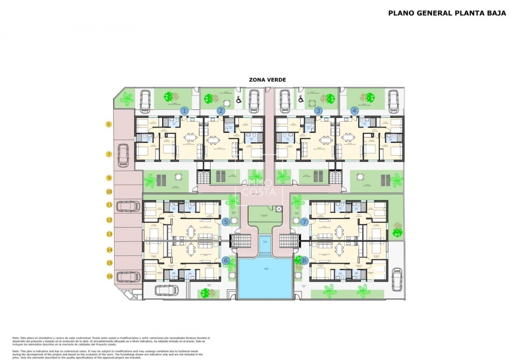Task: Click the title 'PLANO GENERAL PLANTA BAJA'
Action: pos(447,13)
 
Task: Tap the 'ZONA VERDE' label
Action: pos(267,80)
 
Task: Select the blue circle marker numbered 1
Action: pos(184,110)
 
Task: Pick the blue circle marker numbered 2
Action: pos(221,110)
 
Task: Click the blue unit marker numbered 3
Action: pos(318,110)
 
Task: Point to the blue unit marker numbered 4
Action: pos(354,110)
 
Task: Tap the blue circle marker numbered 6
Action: pos(226,261)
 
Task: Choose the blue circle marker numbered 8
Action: pos(305,261)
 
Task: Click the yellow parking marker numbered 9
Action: pos(109,178)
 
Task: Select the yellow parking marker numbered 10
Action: pos(109,192)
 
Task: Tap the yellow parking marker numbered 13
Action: pos(109,234)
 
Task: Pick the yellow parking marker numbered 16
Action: pos(109,276)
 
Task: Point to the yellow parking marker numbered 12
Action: pos(109,220)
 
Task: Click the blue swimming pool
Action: pos(265,278)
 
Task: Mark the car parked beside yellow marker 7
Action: pos(124,155)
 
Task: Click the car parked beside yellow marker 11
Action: pos(129,206)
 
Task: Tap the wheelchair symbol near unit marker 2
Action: pos(238,100)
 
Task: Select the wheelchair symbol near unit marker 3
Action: pos(301,100)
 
